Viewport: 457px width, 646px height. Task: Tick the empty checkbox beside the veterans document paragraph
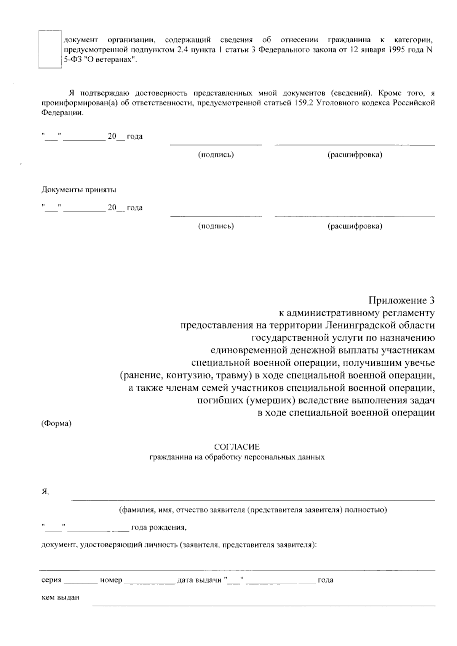(50, 49)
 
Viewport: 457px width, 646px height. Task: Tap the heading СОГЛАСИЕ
(236, 447)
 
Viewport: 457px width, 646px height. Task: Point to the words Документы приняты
(79, 189)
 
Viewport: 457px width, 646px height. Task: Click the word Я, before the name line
(45, 492)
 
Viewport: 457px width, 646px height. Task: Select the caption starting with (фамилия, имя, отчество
(253, 510)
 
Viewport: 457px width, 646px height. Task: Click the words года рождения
(158, 528)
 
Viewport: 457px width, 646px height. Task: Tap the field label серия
(51, 580)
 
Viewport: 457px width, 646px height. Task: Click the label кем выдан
(60, 597)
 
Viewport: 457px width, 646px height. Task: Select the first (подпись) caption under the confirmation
(216, 155)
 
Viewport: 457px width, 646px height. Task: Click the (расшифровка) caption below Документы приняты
(355, 226)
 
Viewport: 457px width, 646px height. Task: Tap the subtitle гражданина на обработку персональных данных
(236, 457)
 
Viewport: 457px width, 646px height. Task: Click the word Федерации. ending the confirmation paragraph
(62, 113)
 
